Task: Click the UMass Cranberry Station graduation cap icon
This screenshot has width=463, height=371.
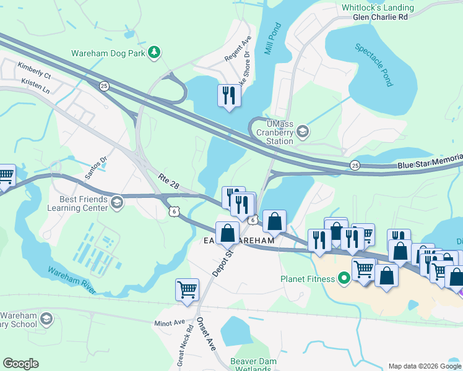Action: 302,131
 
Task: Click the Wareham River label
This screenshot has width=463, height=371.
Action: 71,272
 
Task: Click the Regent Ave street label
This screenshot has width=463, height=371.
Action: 237,48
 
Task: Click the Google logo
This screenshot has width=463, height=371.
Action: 20,364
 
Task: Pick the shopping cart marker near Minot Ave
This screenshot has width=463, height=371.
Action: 187,289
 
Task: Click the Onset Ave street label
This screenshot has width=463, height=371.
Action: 206,335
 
